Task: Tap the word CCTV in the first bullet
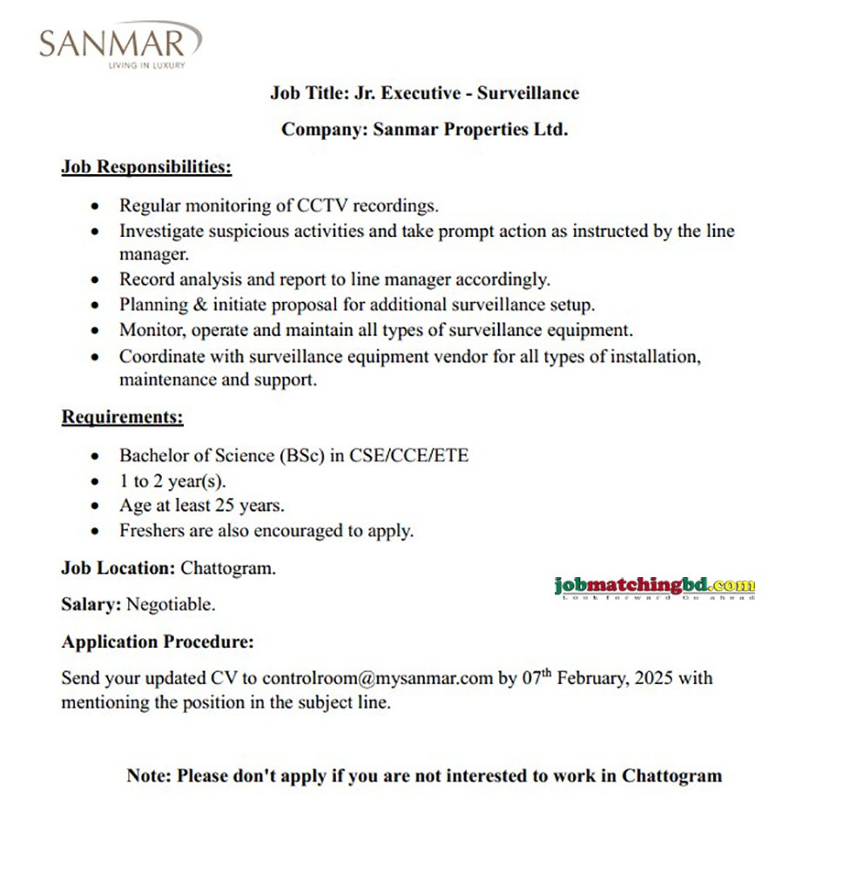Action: (324, 206)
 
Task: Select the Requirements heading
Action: (122, 417)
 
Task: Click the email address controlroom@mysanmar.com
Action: (378, 678)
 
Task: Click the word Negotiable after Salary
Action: (172, 603)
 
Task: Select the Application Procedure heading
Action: (158, 642)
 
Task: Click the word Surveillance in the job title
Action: (528, 92)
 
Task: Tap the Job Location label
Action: (118, 568)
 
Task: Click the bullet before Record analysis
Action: (96, 280)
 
